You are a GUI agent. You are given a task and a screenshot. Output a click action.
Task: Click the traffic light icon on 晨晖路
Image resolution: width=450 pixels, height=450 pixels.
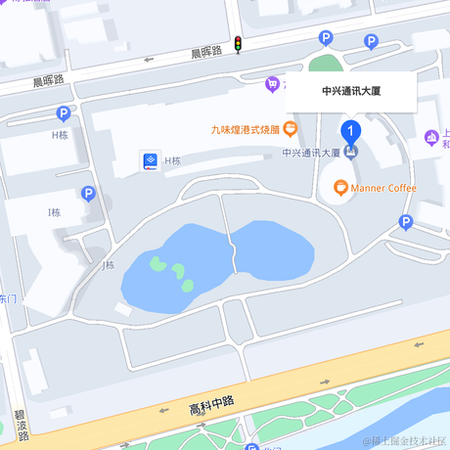(238, 44)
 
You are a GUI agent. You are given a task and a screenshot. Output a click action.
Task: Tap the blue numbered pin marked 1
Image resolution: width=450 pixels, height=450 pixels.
(350, 130)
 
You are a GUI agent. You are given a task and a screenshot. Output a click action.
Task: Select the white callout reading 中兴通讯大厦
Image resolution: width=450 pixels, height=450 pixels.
(350, 91)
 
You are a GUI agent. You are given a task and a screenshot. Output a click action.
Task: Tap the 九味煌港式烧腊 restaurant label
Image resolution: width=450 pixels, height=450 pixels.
(245, 128)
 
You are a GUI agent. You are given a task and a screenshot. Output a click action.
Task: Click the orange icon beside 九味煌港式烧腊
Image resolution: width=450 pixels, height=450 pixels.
(291, 128)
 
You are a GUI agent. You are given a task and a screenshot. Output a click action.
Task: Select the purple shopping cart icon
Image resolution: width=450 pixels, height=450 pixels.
(272, 85)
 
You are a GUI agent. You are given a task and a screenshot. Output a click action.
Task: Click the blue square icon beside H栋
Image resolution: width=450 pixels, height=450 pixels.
(150, 160)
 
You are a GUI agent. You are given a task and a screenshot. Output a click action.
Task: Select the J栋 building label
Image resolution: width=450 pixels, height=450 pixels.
(108, 265)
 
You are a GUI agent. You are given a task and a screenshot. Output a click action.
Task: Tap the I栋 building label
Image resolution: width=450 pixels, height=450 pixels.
(54, 212)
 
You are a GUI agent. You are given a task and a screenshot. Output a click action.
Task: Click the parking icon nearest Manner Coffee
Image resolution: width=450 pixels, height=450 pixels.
(406, 224)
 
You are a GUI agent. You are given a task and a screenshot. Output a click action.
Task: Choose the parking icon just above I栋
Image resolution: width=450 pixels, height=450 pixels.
(87, 195)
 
